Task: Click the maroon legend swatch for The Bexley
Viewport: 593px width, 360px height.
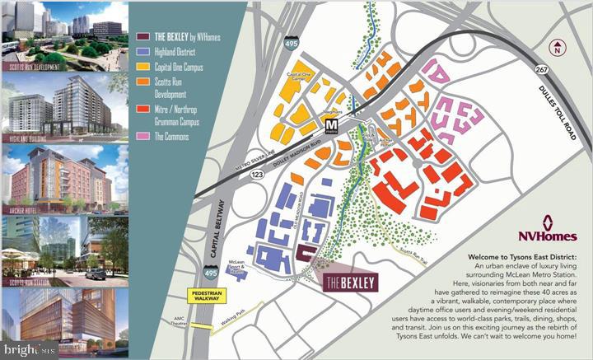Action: click(141, 36)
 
